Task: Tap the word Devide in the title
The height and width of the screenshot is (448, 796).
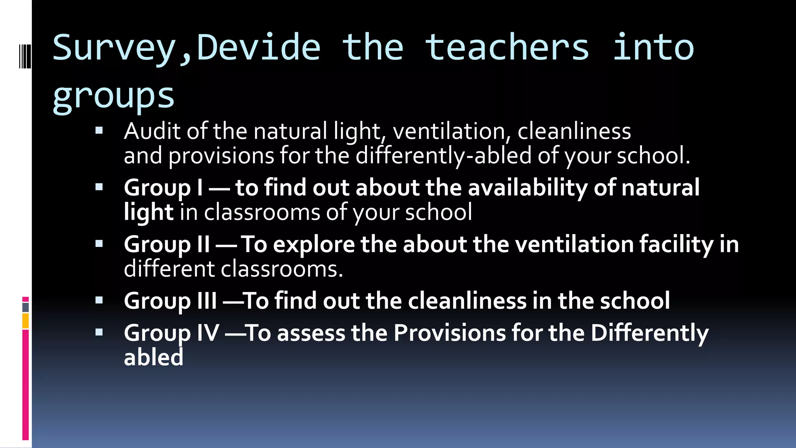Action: point(258,47)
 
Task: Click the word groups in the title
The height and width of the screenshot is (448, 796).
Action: point(113,96)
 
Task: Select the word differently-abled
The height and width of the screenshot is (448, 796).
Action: point(443,156)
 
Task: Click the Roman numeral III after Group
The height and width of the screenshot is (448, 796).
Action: point(207,301)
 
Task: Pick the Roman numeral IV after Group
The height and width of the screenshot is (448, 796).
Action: point(208,333)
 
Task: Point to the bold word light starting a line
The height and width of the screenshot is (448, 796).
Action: point(148,213)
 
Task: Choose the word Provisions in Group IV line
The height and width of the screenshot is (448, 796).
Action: point(449,333)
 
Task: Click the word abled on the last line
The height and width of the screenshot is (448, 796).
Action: point(154,357)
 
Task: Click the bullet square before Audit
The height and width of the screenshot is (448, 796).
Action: point(99,131)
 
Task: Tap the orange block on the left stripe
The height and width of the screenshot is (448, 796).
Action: point(26,321)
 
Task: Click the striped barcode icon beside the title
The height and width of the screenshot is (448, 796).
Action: point(25,57)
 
